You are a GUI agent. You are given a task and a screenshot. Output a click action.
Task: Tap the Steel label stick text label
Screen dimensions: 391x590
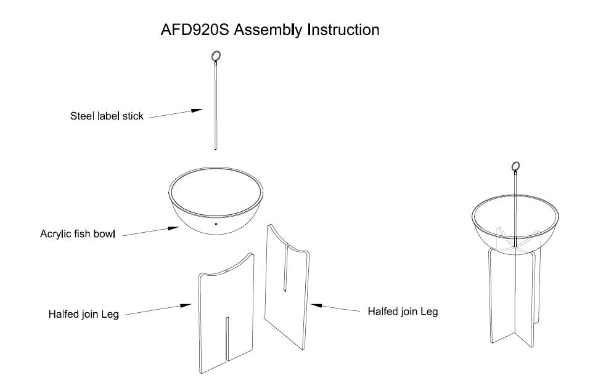point(107,116)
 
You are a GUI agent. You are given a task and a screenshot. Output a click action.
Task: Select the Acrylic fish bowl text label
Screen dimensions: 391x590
point(79,234)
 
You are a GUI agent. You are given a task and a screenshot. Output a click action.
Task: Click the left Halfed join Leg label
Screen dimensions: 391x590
point(84,314)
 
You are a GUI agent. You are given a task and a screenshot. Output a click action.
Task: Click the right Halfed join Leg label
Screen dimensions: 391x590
point(403,312)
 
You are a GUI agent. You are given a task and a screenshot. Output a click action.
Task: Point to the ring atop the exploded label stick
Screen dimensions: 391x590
point(216,57)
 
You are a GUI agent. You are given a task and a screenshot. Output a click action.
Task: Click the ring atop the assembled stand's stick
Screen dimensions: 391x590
point(515,166)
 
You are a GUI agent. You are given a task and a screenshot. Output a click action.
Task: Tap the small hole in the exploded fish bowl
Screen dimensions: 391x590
point(216,224)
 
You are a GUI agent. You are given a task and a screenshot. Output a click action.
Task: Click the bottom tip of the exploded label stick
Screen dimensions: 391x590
point(216,148)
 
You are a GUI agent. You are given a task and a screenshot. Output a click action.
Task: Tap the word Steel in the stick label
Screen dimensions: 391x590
point(81,116)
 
